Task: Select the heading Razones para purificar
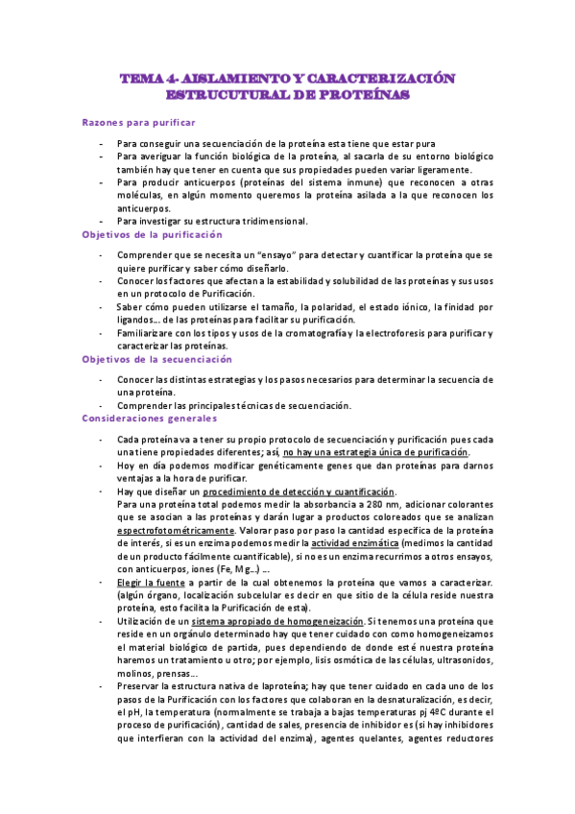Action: (x=139, y=123)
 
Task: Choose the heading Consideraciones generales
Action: (x=150, y=419)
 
